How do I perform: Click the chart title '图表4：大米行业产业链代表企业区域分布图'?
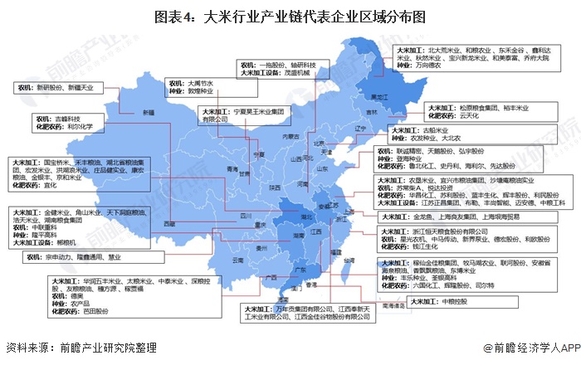point(290,15)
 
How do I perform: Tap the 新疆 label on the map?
point(147,111)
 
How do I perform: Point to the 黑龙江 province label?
point(380,96)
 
